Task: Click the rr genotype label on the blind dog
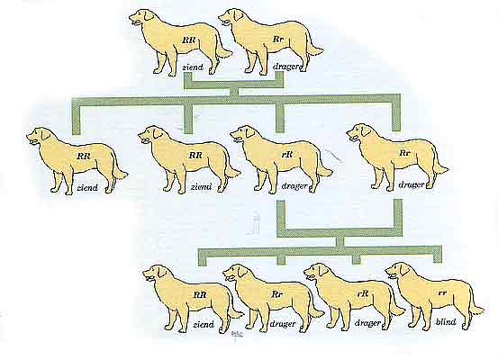(x=442, y=293)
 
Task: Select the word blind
(x=445, y=322)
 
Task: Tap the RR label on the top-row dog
(x=189, y=40)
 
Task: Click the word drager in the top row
(x=285, y=67)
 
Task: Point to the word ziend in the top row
(x=193, y=67)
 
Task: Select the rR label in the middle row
(x=287, y=154)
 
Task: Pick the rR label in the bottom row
(x=363, y=294)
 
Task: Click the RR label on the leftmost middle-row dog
(x=84, y=156)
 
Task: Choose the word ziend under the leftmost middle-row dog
(x=87, y=187)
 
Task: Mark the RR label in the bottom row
(x=200, y=295)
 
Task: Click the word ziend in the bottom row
(x=204, y=324)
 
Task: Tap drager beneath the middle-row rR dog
(x=294, y=186)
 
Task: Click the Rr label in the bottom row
(x=277, y=294)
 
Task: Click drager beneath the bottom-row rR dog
(x=367, y=323)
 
